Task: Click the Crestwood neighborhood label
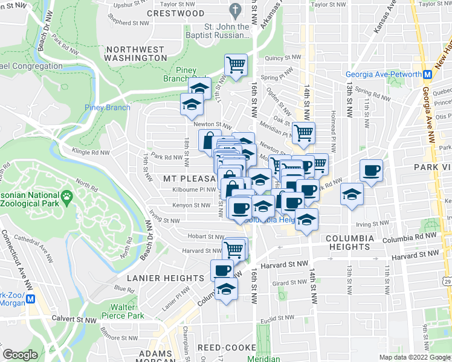175,13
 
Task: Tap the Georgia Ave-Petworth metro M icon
427,75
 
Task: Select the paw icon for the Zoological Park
66,196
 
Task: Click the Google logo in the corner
20,355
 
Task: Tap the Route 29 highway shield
447,282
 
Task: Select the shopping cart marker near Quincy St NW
236,63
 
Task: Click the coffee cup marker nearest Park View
371,169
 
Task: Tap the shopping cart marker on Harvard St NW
234,248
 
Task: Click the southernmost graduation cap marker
226,290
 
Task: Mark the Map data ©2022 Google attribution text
415,357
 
